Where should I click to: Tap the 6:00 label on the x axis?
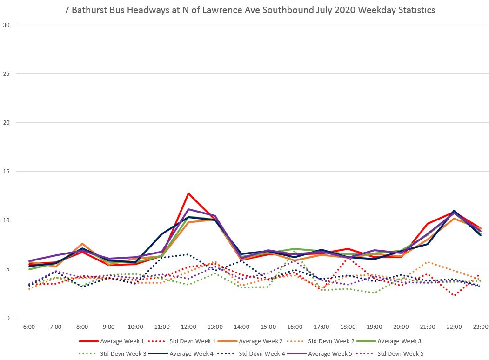tap(29, 327)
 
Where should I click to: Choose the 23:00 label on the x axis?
tap(481, 327)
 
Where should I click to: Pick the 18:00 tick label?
tap(348, 327)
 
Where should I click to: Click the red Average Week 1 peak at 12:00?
tap(188, 193)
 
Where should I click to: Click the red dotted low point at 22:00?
tap(454, 295)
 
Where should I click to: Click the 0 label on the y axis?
tap(7, 318)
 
